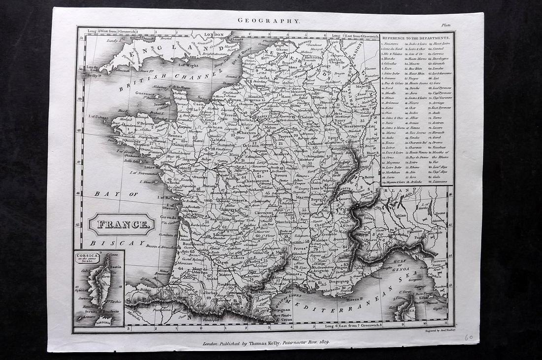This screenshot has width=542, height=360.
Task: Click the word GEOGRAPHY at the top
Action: [269, 21]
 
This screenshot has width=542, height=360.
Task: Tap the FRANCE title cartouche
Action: [122, 224]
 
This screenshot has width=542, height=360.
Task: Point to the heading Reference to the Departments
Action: [416, 38]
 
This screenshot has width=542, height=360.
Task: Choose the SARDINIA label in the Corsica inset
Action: [103, 324]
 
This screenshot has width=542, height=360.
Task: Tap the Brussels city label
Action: [280, 63]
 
